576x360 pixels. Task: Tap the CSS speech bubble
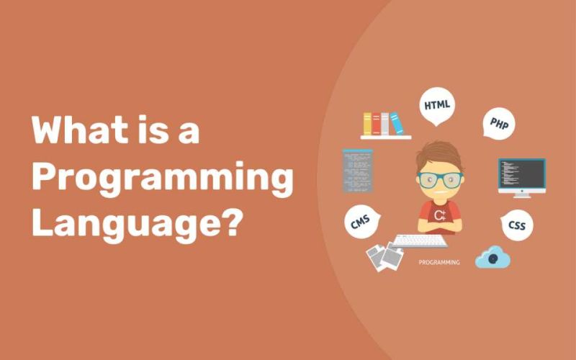tap(516, 226)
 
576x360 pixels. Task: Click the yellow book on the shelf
tap(367, 124)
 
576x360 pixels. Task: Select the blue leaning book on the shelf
tap(396, 123)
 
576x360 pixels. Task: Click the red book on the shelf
tap(376, 124)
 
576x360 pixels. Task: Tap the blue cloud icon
tap(492, 257)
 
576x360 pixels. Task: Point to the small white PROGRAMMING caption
tap(438, 263)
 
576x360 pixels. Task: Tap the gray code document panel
tap(358, 171)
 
